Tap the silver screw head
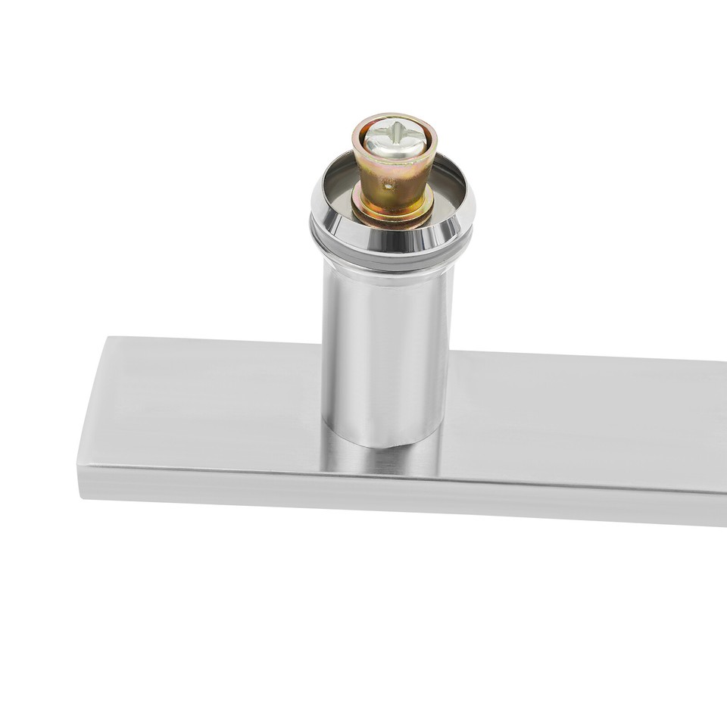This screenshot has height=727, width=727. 393,141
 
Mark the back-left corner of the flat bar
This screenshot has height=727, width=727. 106,338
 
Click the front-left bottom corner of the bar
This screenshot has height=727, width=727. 80,497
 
